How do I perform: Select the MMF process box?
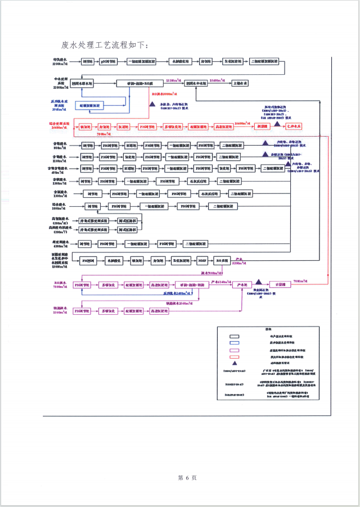pos(203,260)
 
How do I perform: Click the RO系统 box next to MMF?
pos(223,260)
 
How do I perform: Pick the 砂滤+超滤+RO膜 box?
pos(141,83)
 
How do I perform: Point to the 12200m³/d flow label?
pos(176,80)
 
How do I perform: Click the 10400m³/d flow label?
pos(217,80)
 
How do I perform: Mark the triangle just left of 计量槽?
pos(259,282)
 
